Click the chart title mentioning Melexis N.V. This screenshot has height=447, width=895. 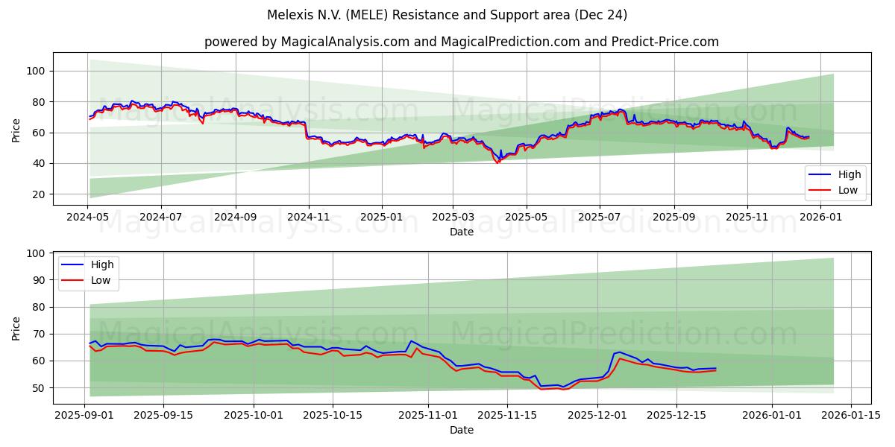(447, 15)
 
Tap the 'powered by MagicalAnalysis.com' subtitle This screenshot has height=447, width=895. (462, 42)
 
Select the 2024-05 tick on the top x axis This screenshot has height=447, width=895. (89, 217)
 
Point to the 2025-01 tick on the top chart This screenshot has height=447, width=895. (381, 217)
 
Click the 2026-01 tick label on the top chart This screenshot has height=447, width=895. (820, 217)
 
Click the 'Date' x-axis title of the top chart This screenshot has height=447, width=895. (462, 232)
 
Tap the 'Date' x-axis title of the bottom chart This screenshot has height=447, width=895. (462, 430)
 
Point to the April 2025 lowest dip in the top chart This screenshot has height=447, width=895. (497, 162)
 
